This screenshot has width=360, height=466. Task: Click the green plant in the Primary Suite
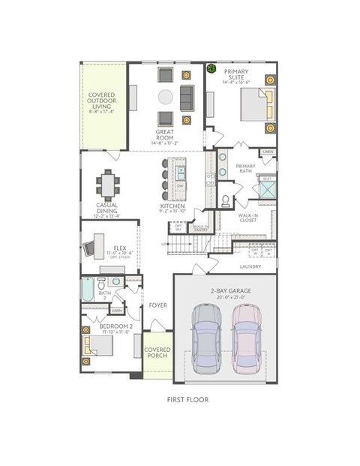point(211,70)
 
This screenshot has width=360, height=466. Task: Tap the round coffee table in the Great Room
point(166,96)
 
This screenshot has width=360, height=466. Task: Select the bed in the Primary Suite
point(256,105)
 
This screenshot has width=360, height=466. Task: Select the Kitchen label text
point(172,206)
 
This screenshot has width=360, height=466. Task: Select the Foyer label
point(157,305)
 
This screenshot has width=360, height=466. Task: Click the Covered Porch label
point(157,353)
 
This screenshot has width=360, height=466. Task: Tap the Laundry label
point(250,266)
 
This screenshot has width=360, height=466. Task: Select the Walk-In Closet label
point(248,218)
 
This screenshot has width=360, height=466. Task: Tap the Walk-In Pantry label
point(200,227)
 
